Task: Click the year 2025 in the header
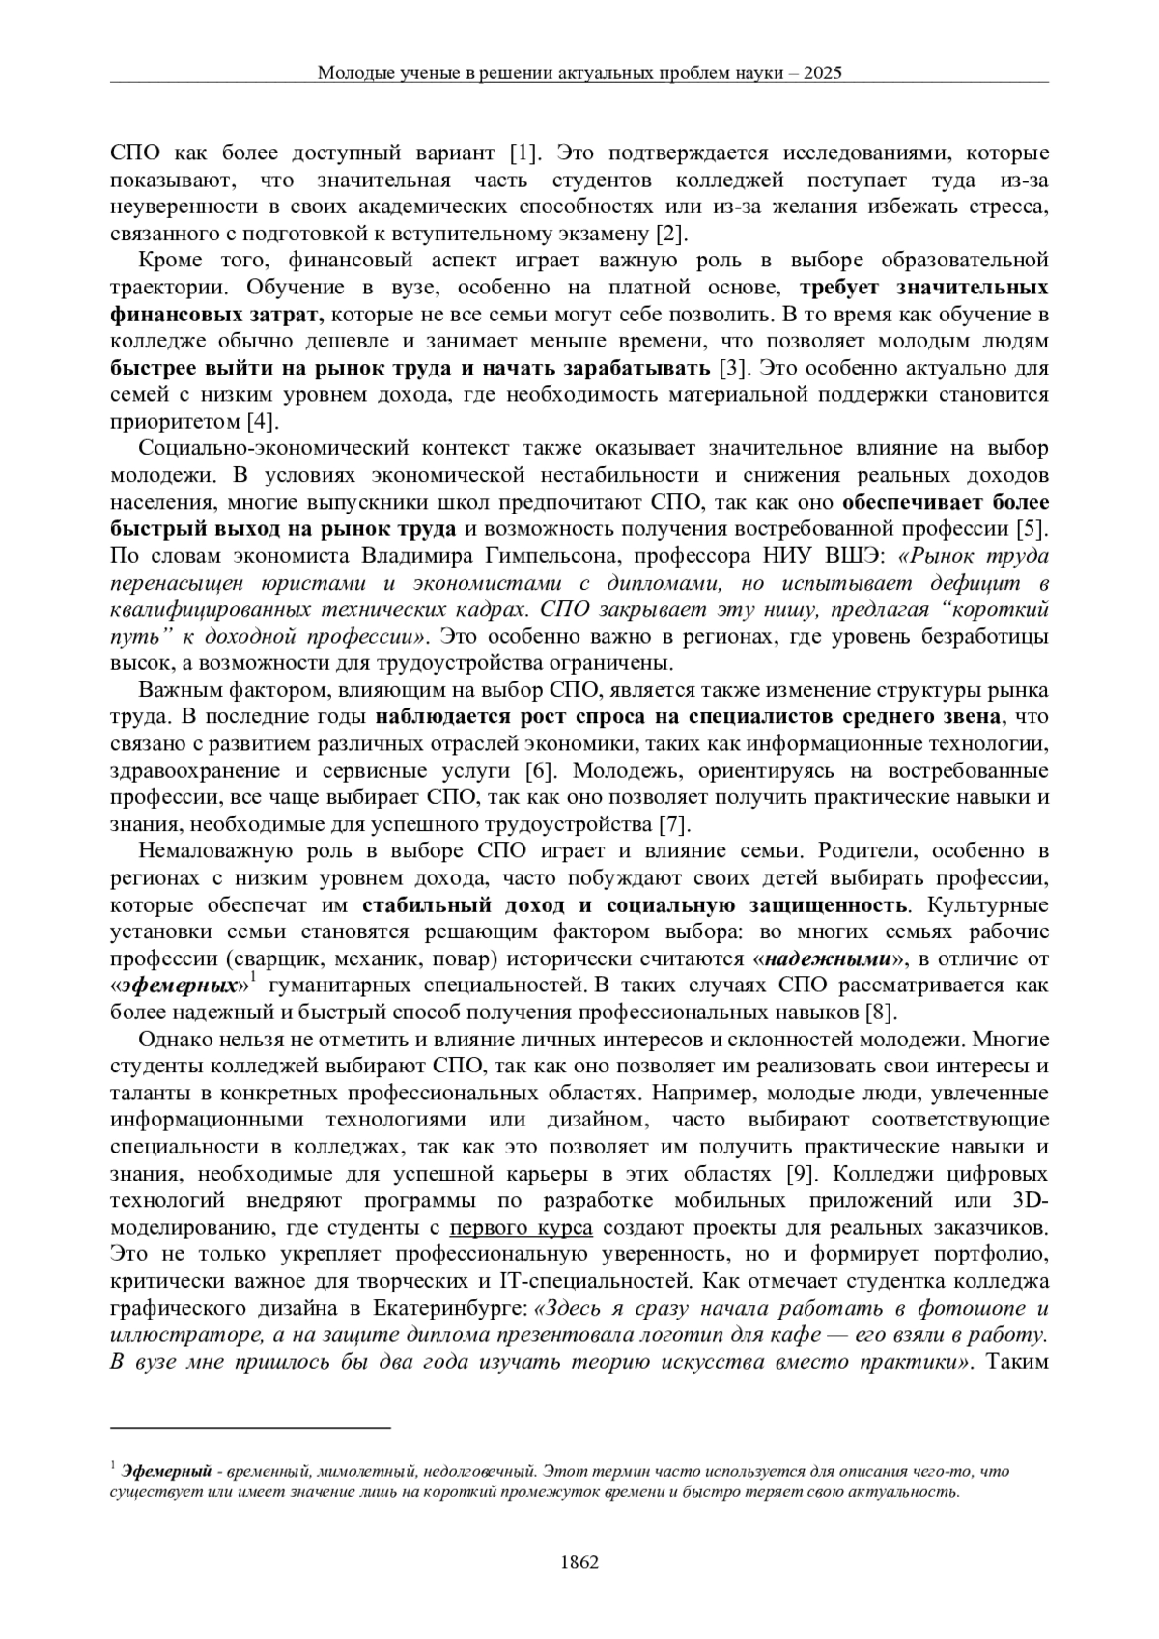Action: (822, 72)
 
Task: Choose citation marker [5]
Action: (1032, 528)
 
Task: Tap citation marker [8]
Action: (883, 1013)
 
